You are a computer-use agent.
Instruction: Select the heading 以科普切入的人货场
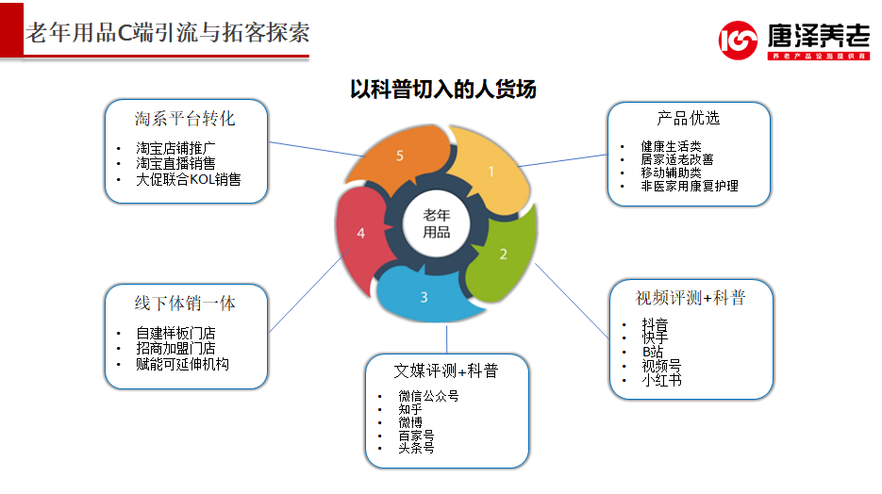[442, 90]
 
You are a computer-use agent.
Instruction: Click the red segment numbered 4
[361, 233]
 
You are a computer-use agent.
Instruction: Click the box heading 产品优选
[689, 118]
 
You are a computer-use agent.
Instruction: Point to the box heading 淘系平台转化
[185, 119]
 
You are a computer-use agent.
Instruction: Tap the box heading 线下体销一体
[185, 304]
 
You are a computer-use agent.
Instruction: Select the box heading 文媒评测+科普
[445, 370]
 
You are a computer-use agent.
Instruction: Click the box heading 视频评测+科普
[691, 298]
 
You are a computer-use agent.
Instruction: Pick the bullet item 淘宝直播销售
[175, 163]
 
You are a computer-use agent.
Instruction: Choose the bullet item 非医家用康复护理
[690, 186]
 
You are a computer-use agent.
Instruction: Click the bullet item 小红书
[661, 381]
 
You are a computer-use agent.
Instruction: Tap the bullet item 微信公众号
[428, 396]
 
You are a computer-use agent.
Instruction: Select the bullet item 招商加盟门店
[175, 348]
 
